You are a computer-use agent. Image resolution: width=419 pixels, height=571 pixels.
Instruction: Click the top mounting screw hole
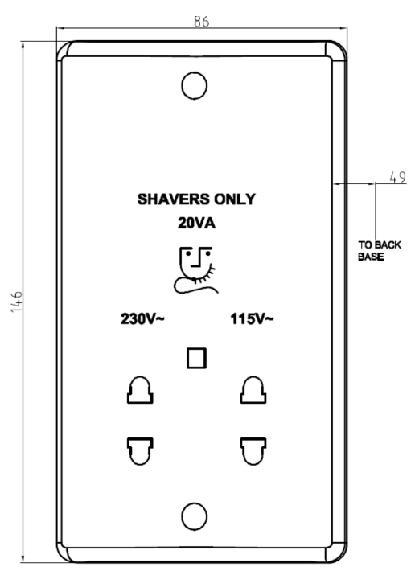195,85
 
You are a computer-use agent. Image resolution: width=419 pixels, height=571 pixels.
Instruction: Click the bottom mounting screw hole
195,512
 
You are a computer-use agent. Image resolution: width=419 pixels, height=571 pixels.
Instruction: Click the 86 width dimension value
201,22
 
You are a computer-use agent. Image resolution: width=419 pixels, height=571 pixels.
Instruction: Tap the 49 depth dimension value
396,176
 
